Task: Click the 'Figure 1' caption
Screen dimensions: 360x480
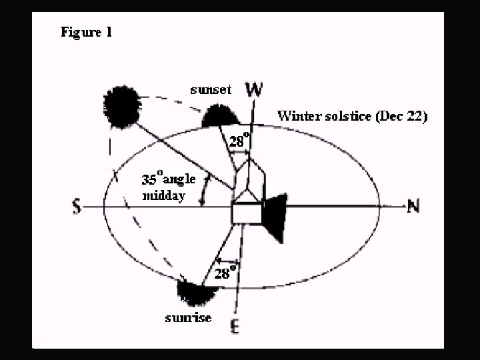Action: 86,32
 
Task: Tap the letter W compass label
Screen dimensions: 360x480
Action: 254,89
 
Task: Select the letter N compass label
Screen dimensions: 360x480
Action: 413,207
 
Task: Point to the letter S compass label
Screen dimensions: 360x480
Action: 77,208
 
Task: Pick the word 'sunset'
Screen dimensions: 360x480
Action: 210,90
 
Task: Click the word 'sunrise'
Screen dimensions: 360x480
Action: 189,317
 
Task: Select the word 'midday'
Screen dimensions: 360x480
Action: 163,196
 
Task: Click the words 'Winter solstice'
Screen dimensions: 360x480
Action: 325,115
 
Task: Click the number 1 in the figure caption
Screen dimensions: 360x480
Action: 108,32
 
